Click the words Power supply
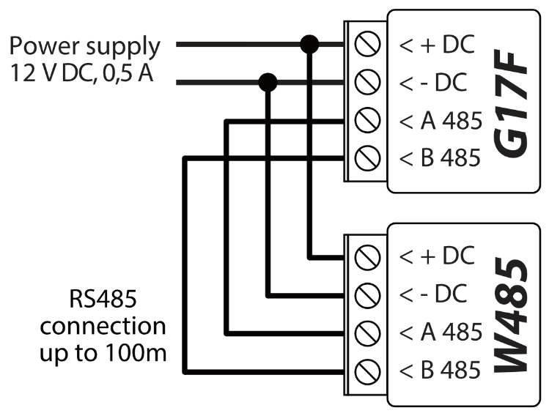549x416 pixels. click(84, 47)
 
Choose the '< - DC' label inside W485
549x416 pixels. click(433, 295)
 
